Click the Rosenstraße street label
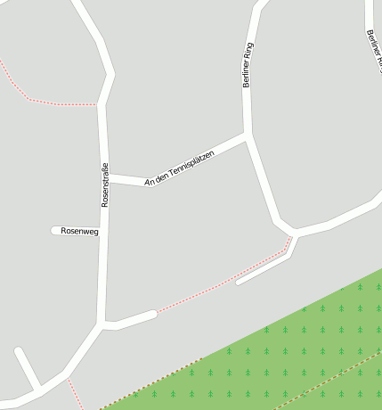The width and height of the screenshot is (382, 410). [104, 184]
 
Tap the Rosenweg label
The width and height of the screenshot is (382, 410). [79, 231]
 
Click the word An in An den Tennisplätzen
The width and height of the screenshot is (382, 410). [150, 182]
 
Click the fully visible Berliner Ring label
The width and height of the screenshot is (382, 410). [248, 64]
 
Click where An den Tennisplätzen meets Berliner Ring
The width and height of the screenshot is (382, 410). [247, 136]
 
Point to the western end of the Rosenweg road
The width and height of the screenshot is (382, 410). [54, 231]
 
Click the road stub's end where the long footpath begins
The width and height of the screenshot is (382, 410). [155, 313]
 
